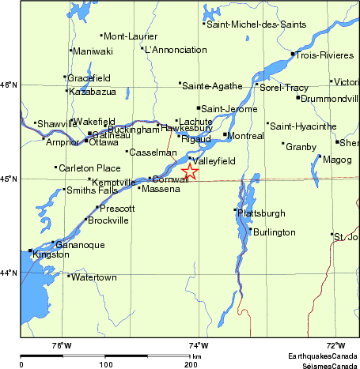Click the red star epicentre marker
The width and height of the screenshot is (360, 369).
[x=190, y=171]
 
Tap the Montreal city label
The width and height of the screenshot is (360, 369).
[x=245, y=136]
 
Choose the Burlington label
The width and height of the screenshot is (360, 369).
[x=273, y=232]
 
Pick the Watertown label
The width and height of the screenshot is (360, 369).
[x=93, y=278]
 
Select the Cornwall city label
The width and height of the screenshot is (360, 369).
[x=171, y=179]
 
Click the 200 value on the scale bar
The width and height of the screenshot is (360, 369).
[x=191, y=364]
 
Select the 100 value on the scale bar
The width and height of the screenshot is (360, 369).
[x=105, y=364]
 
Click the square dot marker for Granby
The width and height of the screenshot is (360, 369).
[x=283, y=144]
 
